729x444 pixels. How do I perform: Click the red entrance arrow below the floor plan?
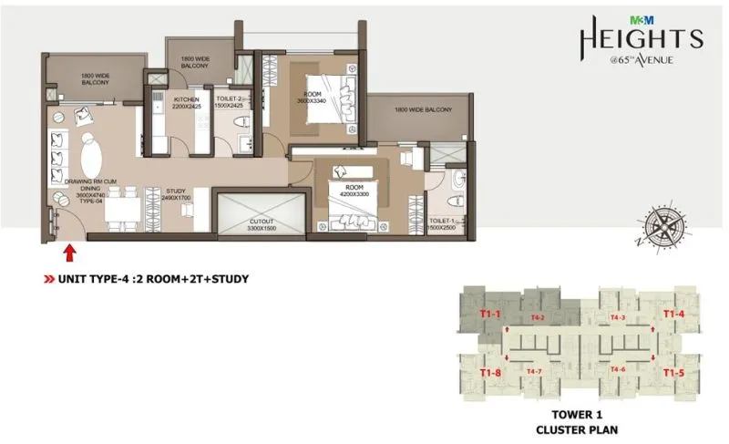70,249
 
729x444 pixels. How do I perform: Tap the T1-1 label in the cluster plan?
491,314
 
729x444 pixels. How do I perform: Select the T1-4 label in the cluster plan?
673,314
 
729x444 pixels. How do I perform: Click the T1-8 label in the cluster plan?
491,372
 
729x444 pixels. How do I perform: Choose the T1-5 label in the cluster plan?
673,372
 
